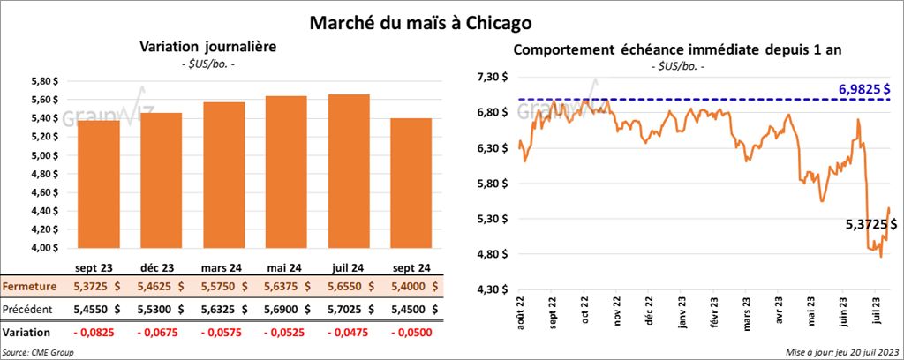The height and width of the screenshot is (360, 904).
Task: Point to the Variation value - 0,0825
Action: (x=99, y=332)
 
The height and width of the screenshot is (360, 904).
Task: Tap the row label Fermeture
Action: (x=30, y=287)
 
